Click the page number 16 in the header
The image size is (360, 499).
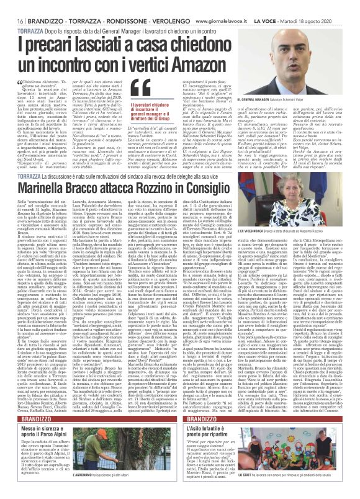(12, 5)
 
